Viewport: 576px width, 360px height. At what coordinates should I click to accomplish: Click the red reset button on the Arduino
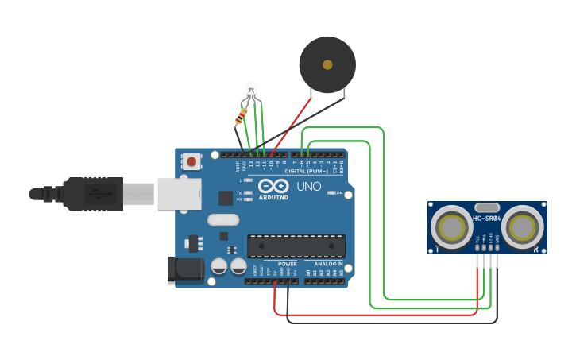coord(191,161)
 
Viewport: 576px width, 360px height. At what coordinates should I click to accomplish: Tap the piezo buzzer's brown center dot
coord(327,64)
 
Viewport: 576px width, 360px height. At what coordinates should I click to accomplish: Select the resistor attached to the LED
coord(242,118)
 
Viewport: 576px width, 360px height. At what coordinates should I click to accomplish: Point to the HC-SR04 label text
coord(487,219)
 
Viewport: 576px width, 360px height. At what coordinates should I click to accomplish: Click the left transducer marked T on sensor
coord(451,227)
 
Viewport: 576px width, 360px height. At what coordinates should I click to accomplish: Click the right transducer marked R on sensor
coord(524,227)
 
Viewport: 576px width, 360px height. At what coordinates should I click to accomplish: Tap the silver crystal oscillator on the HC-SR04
coord(487,207)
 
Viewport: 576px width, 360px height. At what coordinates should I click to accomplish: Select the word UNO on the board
coord(309,187)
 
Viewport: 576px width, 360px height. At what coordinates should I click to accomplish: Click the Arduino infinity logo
coord(273,186)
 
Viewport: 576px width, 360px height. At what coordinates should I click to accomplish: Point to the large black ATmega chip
coord(296,246)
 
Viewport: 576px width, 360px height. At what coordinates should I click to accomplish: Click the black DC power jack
coord(185,270)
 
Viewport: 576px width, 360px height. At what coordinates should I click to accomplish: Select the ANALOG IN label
coord(329,264)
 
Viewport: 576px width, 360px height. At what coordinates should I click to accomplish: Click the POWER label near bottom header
coord(287,264)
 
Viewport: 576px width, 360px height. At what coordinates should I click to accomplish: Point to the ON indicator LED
coord(331,193)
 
